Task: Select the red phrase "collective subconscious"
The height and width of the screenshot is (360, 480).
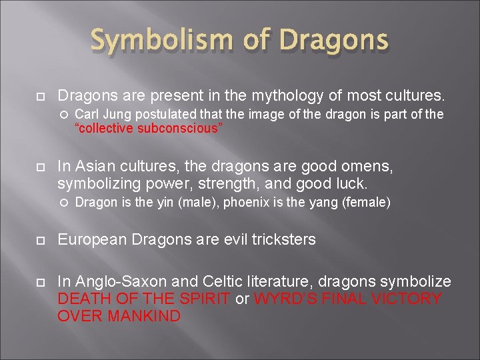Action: point(148,129)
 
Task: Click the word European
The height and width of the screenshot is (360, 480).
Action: point(91,239)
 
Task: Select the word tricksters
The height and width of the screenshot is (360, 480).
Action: point(281,239)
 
